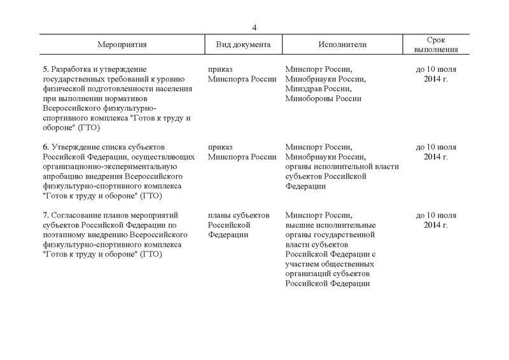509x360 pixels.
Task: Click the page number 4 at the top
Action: (254, 27)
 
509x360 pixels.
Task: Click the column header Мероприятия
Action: (123, 45)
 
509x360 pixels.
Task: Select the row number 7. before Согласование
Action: (45, 216)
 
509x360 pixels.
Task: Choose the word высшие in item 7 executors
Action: (300, 225)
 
